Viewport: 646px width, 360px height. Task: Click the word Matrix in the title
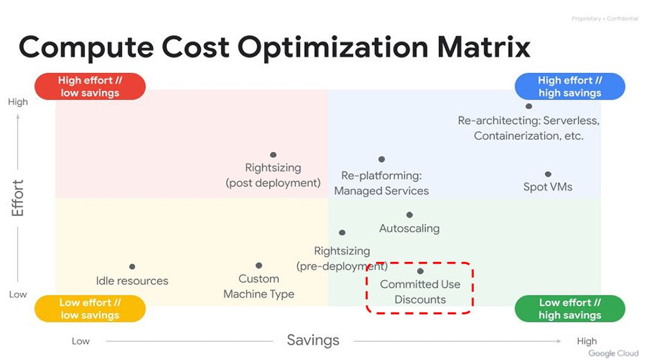pos(484,46)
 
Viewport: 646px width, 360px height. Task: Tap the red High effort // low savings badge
pos(90,86)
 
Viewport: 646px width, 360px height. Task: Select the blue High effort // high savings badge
pos(570,86)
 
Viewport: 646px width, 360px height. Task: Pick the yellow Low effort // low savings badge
pos(90,308)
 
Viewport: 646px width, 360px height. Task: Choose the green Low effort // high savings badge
pos(570,308)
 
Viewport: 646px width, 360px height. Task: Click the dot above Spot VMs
pos(548,174)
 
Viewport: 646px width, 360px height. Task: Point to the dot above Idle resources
pos(132,267)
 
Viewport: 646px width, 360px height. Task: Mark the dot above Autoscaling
pos(409,214)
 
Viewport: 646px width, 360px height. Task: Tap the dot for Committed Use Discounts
pos(420,271)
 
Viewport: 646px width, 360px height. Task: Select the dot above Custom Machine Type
pos(259,265)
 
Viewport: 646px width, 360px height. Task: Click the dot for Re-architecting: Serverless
pos(529,106)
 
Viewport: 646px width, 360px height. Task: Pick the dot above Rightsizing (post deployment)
pos(273,155)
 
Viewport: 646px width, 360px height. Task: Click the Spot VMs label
pos(548,187)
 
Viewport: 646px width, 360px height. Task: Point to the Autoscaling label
pos(409,228)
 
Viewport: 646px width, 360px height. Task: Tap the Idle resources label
pos(132,281)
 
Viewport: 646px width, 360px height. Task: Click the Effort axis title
pos(17,198)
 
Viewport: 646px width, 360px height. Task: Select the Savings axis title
pos(313,340)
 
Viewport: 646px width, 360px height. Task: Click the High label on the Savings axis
pos(587,341)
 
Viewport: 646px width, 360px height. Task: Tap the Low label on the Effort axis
pos(18,294)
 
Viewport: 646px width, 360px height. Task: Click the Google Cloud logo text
pos(614,354)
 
